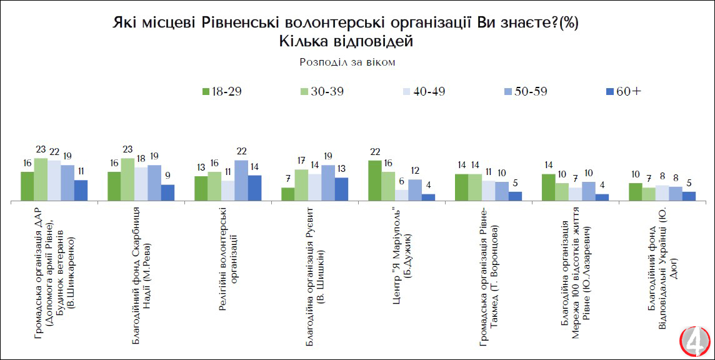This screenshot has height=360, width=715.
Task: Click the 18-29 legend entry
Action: pos(221,91)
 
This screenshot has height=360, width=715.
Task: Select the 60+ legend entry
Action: pos(622,91)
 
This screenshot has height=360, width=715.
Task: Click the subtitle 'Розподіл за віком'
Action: pos(347,62)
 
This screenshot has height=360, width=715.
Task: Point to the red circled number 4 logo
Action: pos(696,341)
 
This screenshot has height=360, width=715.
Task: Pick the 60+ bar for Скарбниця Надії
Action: pos(167,192)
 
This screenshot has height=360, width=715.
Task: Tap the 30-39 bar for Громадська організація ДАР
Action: pos(41,179)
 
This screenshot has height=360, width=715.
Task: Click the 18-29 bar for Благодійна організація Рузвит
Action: pos(288,194)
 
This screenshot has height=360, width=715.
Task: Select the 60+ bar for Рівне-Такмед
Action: pos(515,196)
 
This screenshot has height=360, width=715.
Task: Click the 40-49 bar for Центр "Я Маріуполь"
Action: pos(401,195)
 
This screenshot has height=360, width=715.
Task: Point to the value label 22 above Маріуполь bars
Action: pos(375,152)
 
